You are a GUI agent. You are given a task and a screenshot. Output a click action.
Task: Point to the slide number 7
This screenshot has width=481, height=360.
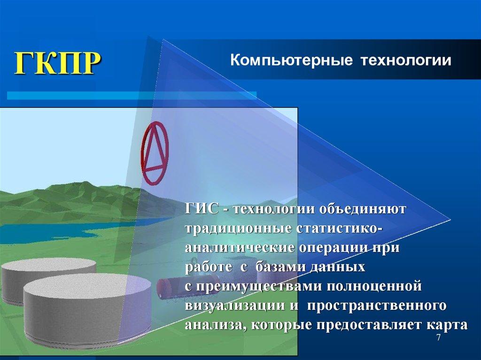(439, 338)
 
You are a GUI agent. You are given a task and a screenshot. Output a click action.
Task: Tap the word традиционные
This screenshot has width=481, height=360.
(238, 228)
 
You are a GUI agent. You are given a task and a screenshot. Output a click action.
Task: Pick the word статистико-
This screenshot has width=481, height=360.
(338, 228)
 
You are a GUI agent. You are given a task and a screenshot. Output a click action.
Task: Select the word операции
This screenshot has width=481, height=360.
(338, 248)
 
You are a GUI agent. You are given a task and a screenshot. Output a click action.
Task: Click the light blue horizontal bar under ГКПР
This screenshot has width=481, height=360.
(132, 95)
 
